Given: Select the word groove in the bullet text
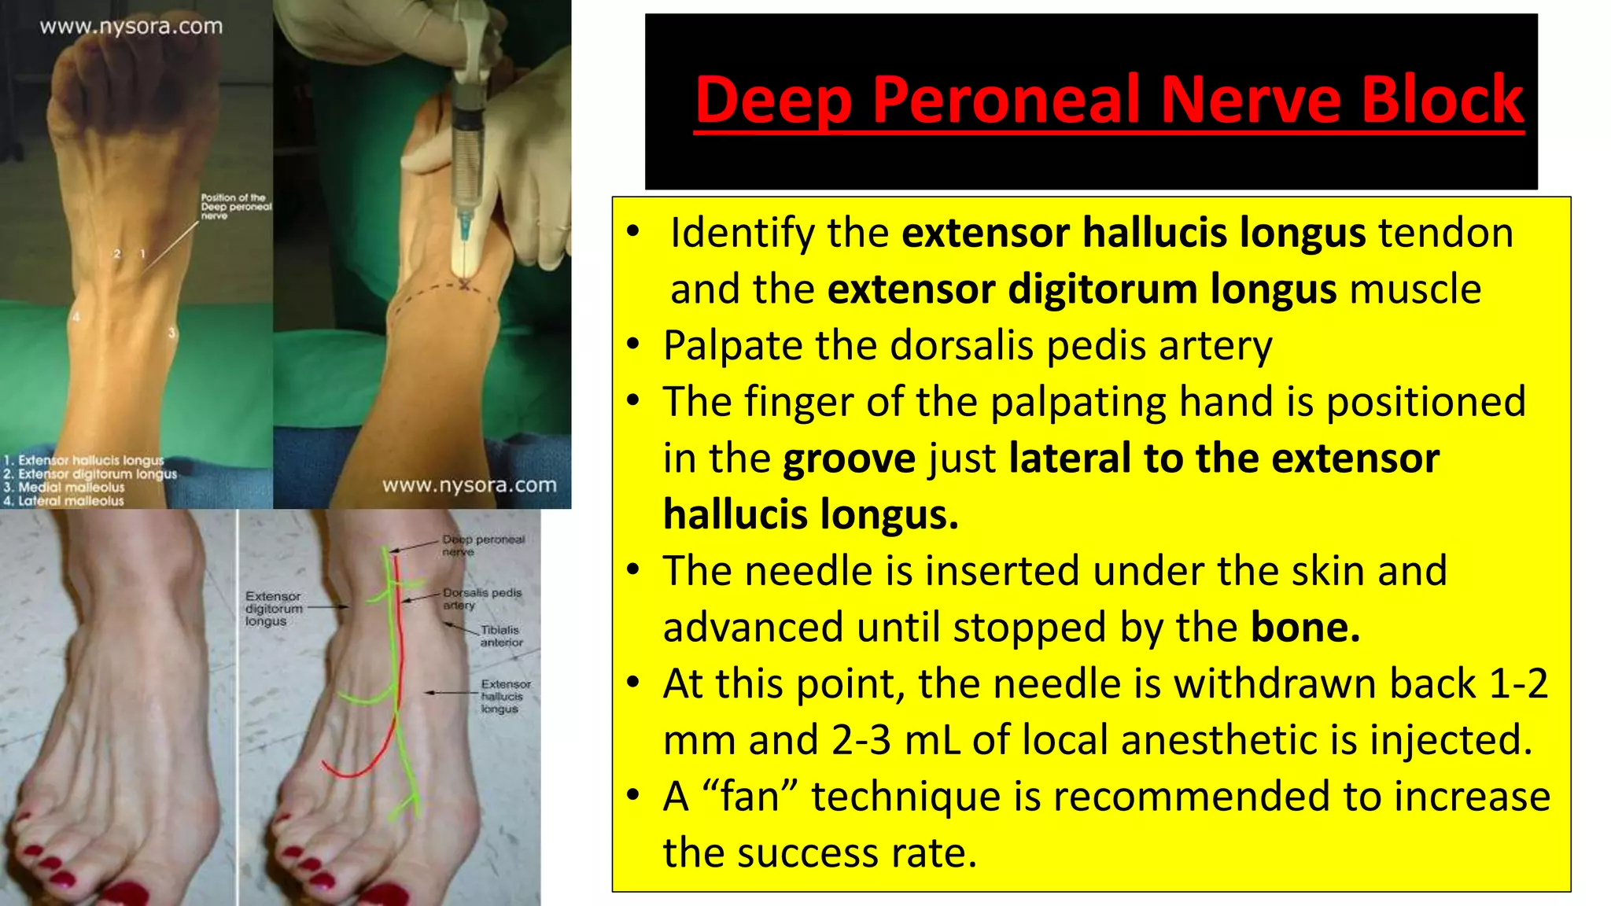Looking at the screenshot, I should (x=849, y=459).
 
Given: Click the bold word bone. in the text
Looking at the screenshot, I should (x=1305, y=628).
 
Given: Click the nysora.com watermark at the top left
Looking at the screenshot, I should (x=131, y=27).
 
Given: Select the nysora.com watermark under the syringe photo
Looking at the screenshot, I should (x=469, y=485).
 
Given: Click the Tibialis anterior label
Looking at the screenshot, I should (x=501, y=636).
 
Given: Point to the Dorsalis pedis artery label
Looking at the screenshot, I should (x=481, y=598).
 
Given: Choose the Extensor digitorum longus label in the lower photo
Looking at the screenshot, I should (x=273, y=609).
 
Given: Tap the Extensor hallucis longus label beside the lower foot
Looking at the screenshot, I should (x=505, y=696).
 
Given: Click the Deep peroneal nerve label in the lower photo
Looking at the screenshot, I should (x=482, y=545).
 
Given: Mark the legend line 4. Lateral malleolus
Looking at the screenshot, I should (x=65, y=501).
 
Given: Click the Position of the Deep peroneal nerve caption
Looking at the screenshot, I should (x=235, y=206).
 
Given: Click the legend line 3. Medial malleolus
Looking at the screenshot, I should (x=65, y=488).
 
